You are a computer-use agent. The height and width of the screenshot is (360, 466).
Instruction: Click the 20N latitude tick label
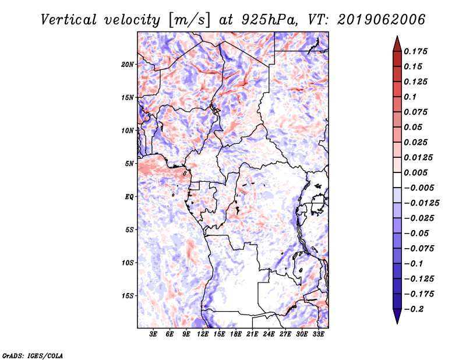(x=128, y=64)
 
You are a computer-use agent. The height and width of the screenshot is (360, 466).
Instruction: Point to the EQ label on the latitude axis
(x=129, y=196)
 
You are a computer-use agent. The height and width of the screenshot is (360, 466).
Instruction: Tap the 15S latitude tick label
(x=128, y=295)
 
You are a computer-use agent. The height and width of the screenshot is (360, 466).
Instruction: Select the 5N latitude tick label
(x=129, y=163)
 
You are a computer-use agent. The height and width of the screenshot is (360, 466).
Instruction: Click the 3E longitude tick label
(x=153, y=334)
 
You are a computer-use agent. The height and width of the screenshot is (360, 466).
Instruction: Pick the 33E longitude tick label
(x=318, y=334)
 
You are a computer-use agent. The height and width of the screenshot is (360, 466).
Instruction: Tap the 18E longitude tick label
(x=236, y=334)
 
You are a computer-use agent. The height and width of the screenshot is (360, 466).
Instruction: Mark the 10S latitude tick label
(x=128, y=262)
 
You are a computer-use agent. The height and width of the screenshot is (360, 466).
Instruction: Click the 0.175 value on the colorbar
(x=416, y=51)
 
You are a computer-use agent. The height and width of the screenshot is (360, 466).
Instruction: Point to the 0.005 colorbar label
(x=416, y=172)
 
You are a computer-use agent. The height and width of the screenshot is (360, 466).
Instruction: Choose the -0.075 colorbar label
(x=419, y=248)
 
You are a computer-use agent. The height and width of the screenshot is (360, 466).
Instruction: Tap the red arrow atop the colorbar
(x=397, y=43)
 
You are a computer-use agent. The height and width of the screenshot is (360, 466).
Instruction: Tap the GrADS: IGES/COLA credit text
(x=32, y=354)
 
